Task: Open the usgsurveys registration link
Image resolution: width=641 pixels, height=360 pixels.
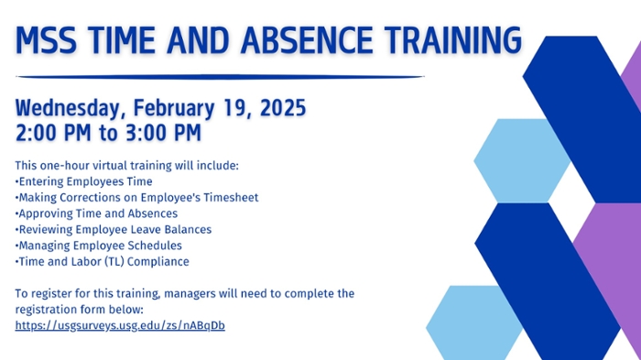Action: pyautogui.click(x=120, y=325)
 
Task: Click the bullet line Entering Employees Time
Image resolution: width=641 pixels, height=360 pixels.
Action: pyautogui.click(x=84, y=181)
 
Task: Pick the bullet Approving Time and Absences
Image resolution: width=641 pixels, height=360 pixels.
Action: pyautogui.click(x=97, y=213)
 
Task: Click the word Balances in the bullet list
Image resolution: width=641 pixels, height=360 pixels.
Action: pyautogui.click(x=189, y=229)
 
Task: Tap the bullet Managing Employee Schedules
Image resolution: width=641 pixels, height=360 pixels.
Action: pyautogui.click(x=99, y=245)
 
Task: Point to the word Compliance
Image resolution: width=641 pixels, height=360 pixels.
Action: pyautogui.click(x=160, y=261)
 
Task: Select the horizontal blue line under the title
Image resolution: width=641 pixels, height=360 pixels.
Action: pyautogui.click(x=220, y=77)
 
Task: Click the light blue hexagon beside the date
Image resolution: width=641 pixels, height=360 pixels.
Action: pyautogui.click(x=512, y=151)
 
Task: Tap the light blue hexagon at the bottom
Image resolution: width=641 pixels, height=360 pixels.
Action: pyautogui.click(x=467, y=321)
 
